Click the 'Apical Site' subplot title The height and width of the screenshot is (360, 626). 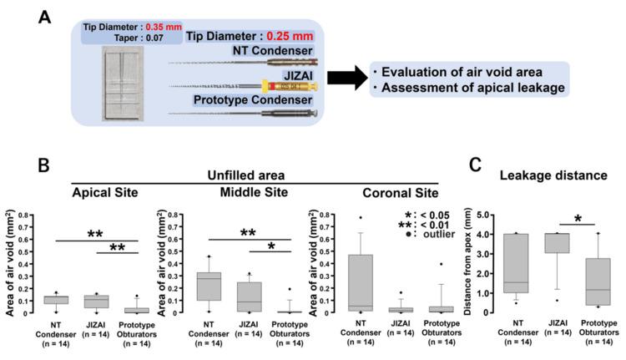point(103,192)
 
